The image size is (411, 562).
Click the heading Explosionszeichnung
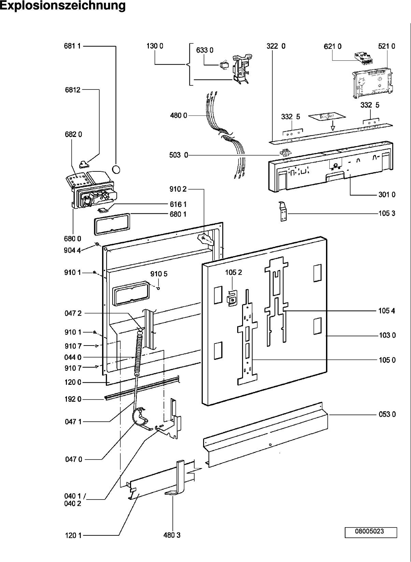click(x=62, y=5)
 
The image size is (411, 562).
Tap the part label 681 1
click(x=72, y=46)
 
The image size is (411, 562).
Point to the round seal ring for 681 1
click(x=116, y=169)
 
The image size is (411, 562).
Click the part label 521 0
click(x=386, y=46)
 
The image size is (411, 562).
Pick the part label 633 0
click(x=204, y=50)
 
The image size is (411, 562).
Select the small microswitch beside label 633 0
click(x=224, y=65)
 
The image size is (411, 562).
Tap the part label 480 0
click(x=179, y=115)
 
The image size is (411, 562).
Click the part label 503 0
click(x=179, y=155)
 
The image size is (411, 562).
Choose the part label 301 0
click(x=387, y=194)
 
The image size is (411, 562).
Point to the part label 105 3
click(x=387, y=213)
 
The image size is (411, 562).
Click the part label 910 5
click(x=159, y=274)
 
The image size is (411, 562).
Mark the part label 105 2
click(x=233, y=272)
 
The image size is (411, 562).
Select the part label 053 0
click(x=387, y=414)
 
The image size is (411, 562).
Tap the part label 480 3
click(x=172, y=535)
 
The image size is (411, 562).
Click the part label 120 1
click(x=73, y=535)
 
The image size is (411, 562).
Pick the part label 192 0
click(x=73, y=399)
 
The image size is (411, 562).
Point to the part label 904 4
click(x=72, y=250)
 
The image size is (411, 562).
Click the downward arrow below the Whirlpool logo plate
click(x=333, y=125)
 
